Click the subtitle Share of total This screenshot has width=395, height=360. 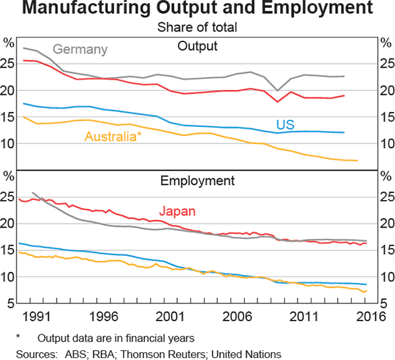point(197,28)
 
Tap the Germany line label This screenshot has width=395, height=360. point(80,49)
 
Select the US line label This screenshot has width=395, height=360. point(285,124)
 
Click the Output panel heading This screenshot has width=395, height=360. point(197,46)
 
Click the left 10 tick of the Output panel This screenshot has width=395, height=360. point(9,143)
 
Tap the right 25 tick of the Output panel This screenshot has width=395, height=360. point(386,64)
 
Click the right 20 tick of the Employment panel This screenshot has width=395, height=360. point(386,224)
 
